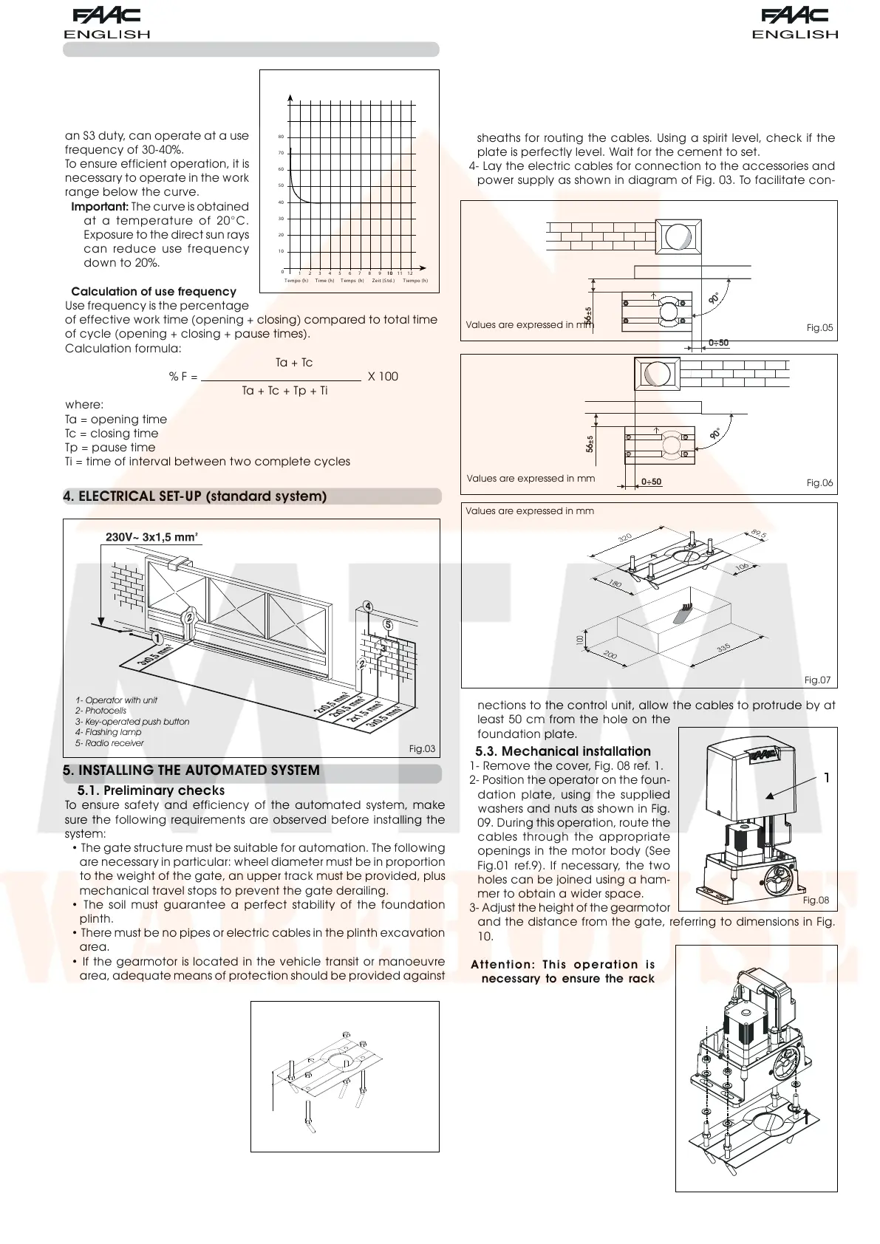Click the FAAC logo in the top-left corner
[x=106, y=16]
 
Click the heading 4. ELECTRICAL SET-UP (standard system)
[x=195, y=496]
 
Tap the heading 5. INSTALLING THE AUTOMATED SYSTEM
[x=191, y=770]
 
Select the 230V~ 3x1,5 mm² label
[x=151, y=537]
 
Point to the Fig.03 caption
[x=422, y=749]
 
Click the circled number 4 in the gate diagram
[x=367, y=607]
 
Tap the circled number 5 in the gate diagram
[x=388, y=625]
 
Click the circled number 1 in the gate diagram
[x=156, y=638]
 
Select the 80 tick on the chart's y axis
[x=281, y=137]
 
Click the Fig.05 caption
[x=819, y=327]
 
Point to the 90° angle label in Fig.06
[x=715, y=434]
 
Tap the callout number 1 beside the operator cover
[x=827, y=778]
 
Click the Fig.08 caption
[x=816, y=900]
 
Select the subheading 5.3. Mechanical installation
[x=562, y=752]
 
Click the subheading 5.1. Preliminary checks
[x=151, y=790]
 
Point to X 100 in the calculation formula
[x=383, y=377]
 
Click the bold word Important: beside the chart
[x=100, y=207]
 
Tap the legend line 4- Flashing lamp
[x=108, y=732]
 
